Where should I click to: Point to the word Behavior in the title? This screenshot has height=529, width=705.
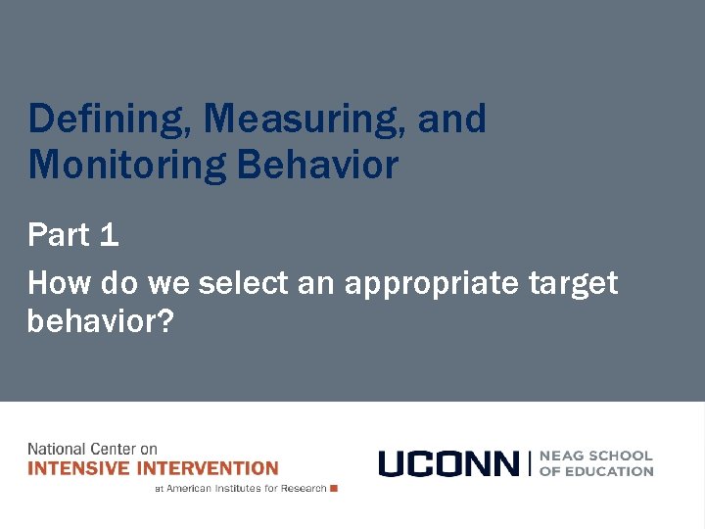(317, 165)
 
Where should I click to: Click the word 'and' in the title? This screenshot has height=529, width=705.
(451, 120)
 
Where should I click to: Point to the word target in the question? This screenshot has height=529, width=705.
(574, 284)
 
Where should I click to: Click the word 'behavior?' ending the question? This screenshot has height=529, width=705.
(100, 320)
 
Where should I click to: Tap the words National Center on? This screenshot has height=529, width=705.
(92, 450)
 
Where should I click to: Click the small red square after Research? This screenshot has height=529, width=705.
(334, 488)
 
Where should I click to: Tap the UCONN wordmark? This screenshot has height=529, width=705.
(448, 463)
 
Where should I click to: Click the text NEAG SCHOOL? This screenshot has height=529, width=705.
(596, 456)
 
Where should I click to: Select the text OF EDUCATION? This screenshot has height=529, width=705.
(596, 471)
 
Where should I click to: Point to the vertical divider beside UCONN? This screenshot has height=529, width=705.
(529, 463)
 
